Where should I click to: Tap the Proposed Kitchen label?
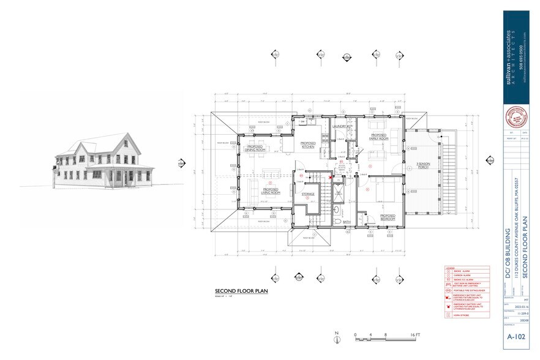[307, 144]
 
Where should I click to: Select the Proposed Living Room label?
[271, 192]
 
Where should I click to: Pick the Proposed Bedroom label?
[388, 217]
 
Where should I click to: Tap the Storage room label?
[308, 194]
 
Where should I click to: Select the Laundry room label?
[339, 127]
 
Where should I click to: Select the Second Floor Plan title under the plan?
[242, 291]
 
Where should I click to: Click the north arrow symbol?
[337, 336]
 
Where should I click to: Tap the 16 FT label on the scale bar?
[415, 335]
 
